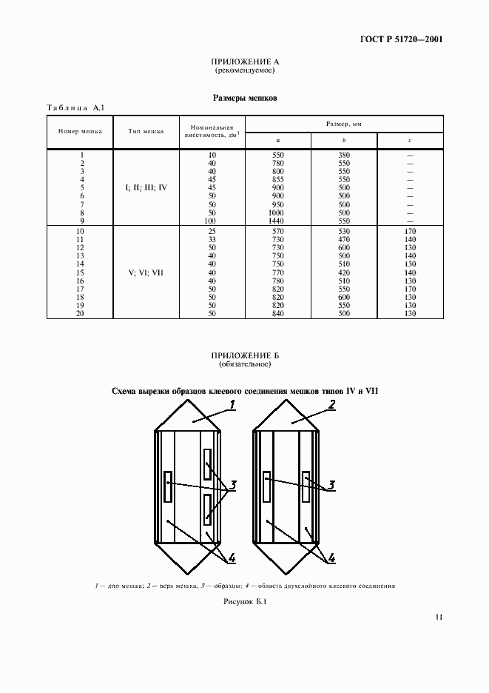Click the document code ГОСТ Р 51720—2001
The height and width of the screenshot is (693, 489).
pos(402,40)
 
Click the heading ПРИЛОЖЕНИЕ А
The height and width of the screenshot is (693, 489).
pos(244,63)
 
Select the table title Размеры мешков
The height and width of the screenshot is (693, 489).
pos(244,97)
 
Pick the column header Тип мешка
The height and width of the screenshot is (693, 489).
pos(146,133)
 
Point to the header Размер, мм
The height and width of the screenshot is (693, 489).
pos(343,124)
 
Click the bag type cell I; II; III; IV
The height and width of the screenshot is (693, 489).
pos(146,187)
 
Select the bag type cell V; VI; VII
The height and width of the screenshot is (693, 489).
pos(146,272)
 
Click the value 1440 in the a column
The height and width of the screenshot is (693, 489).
pos(277,221)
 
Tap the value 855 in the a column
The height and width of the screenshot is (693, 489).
pos(277,179)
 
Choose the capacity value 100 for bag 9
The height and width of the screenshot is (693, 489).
pos(212,221)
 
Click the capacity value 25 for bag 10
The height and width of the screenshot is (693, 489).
pos(212,230)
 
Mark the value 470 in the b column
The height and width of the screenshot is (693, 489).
pos(344,238)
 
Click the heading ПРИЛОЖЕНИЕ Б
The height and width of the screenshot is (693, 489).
pos(244,356)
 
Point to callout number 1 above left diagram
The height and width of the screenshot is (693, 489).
pos(232,404)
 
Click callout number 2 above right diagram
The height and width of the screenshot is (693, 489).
pos(332,404)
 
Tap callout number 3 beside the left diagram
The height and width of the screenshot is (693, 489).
pos(232,486)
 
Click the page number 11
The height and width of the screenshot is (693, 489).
pos(439,616)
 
